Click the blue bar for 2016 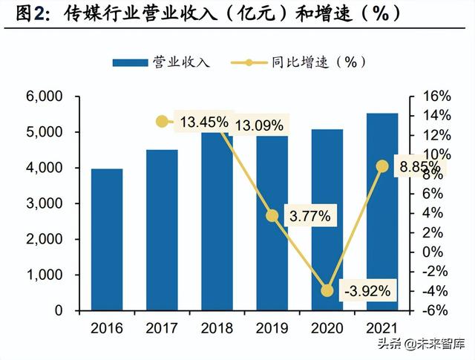coord(107,239)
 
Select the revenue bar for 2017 coord(162,230)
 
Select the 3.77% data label coord(310,217)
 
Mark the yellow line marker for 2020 coord(327,290)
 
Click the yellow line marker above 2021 coord(382,166)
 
